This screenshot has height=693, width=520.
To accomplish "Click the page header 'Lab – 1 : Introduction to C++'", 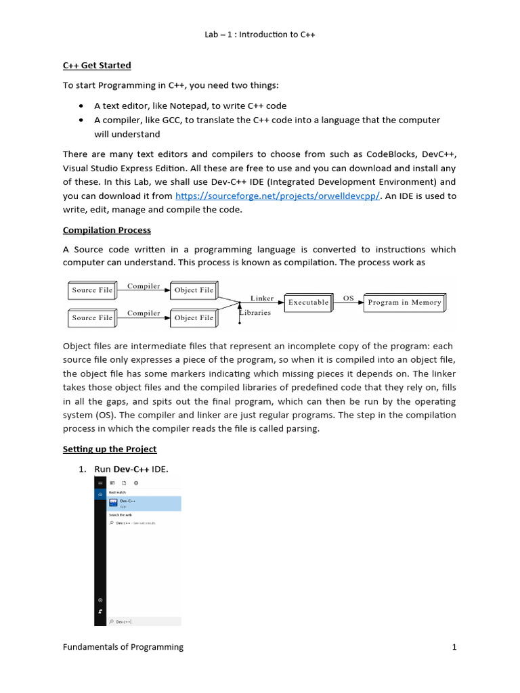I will pyautogui.click(x=259, y=35).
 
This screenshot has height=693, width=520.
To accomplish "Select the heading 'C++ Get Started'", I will pyautogui.click(x=97, y=66).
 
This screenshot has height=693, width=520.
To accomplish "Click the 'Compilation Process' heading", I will pyautogui.click(x=107, y=230).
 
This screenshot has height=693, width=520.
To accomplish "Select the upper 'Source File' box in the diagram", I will pyautogui.click(x=92, y=290).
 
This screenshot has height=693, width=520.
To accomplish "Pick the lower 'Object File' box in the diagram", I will pyautogui.click(x=193, y=317).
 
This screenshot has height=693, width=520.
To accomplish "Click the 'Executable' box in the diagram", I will pyautogui.click(x=308, y=303).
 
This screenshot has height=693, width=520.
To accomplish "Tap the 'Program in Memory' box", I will pyautogui.click(x=404, y=303).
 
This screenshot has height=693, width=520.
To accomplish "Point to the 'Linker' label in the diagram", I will pyautogui.click(x=262, y=298).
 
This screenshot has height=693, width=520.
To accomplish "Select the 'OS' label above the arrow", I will pyautogui.click(x=348, y=297).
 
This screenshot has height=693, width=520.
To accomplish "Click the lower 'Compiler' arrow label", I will pyautogui.click(x=144, y=313).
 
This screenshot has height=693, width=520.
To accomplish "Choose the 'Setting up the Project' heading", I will pyautogui.click(x=110, y=449).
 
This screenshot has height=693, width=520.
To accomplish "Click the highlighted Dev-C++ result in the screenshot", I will pyautogui.click(x=142, y=503).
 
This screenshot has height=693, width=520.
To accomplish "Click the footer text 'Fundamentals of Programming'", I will pyautogui.click(x=123, y=647).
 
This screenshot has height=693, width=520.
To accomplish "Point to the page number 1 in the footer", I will pyautogui.click(x=454, y=647).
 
